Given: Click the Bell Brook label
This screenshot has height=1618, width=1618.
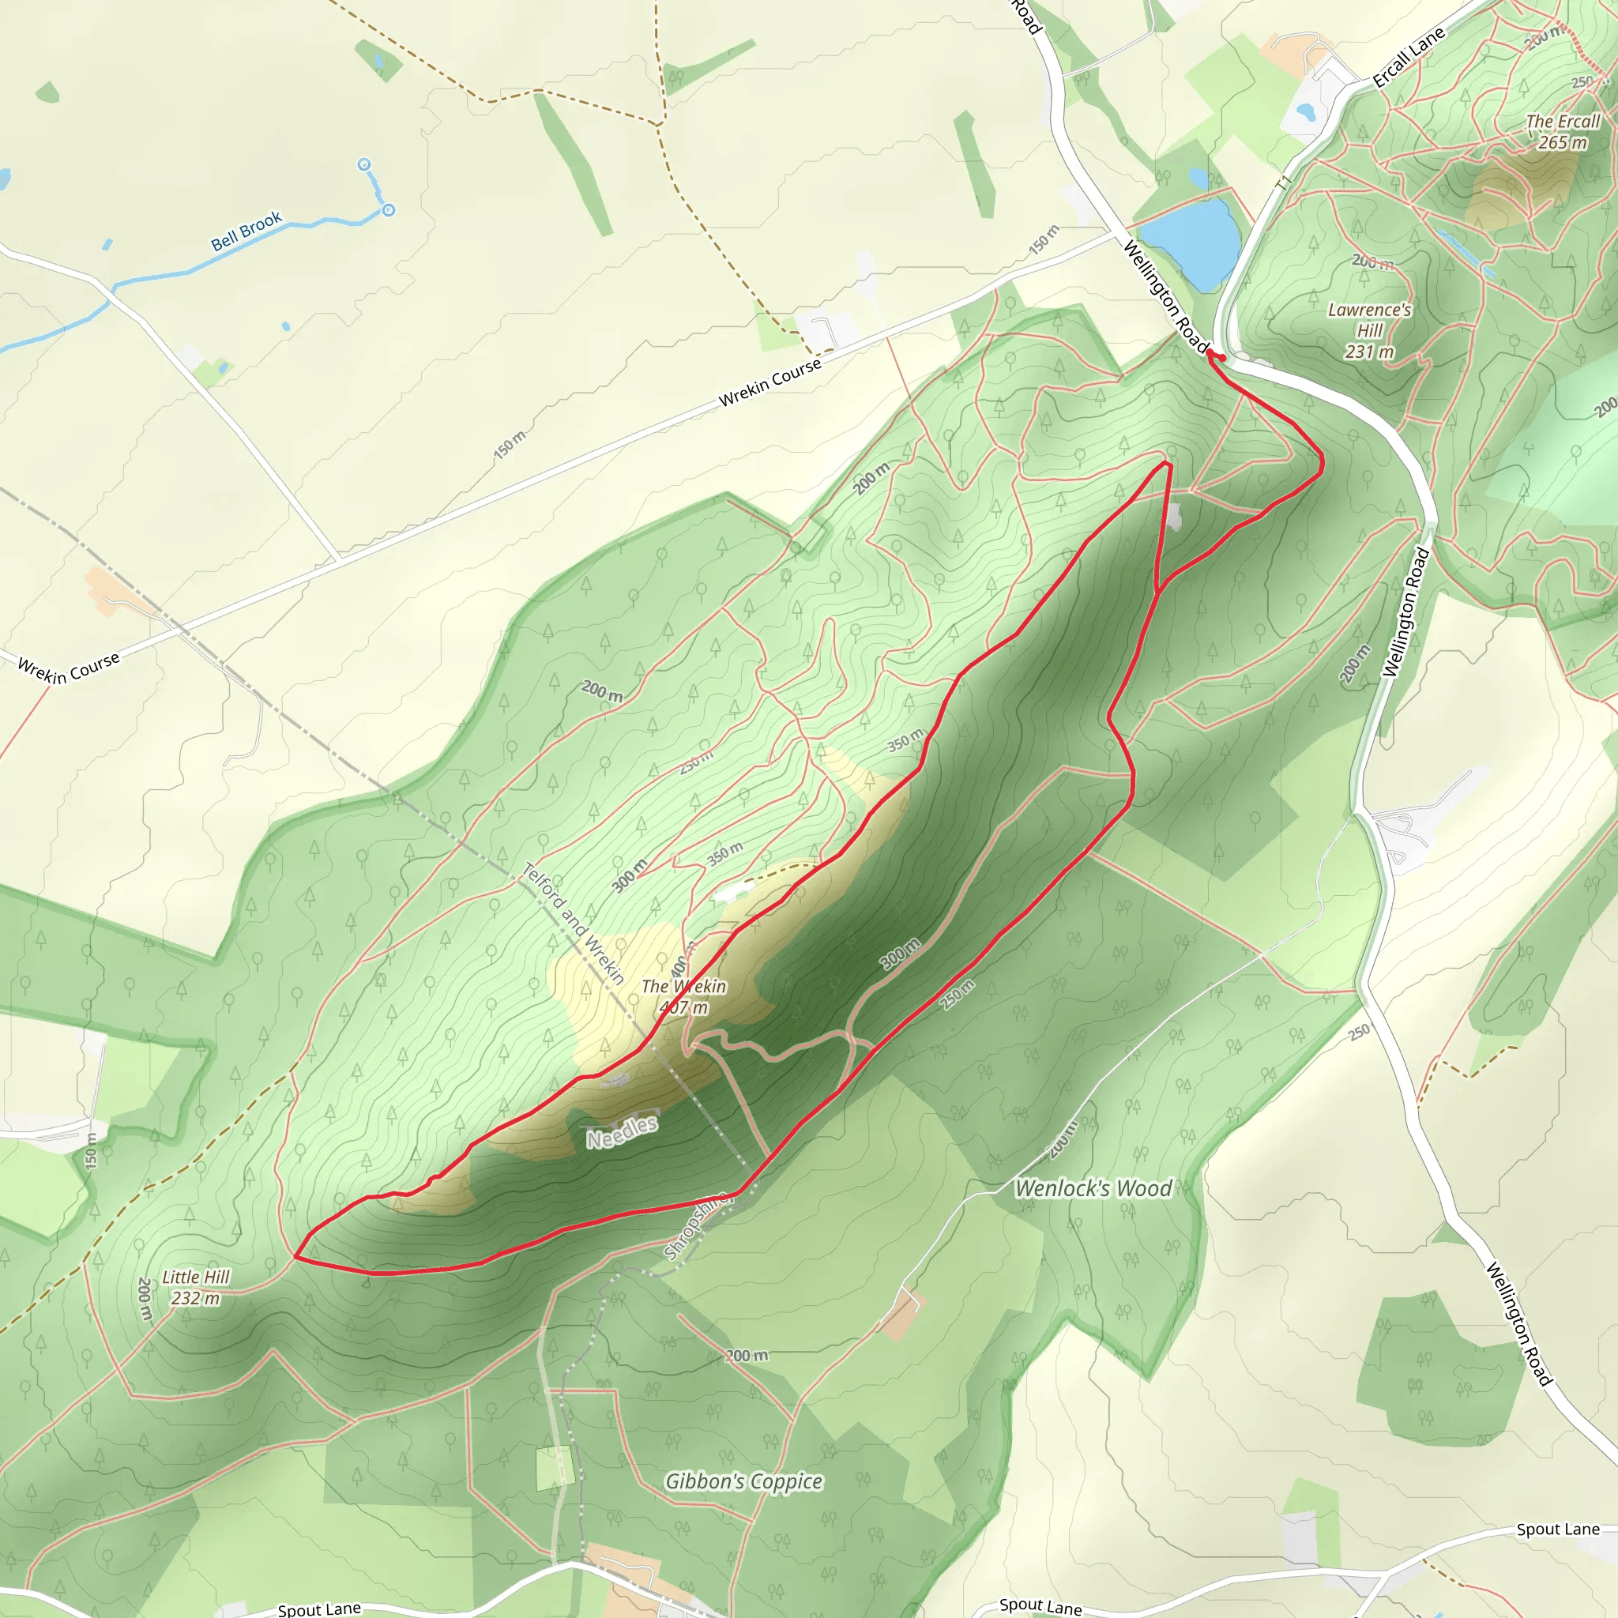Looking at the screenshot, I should pos(246,231).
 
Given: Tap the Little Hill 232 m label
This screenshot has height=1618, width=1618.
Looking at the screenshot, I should pos(195,1287).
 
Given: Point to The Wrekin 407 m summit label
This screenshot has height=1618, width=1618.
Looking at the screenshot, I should pos(683,996).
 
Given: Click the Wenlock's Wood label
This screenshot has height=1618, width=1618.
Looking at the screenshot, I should pos(1093,1188).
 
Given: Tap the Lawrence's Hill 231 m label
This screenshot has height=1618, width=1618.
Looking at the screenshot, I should pos(1369,331).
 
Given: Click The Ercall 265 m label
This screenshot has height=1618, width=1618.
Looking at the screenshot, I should pos(1563,131).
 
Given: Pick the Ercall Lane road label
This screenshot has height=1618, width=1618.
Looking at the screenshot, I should pos(1409,57).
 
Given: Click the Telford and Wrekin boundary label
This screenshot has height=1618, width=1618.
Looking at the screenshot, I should pos(574,922).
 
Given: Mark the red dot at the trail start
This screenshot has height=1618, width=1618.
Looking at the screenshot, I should pos(1223,359).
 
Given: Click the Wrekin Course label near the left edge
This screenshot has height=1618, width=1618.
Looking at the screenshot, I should pos(69,668).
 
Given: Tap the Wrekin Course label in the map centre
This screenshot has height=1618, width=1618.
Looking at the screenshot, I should pos(769,382).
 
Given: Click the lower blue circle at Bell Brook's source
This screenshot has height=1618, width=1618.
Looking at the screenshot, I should pos(389,210).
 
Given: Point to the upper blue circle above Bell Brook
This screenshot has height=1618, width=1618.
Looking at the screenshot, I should pos(364,164).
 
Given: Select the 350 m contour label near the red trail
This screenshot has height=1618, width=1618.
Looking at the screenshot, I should pos(905,739).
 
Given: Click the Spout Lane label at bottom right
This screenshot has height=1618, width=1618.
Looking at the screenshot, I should pos(1558,1530).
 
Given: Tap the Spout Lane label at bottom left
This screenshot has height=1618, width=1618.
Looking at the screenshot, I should pos(319,1608).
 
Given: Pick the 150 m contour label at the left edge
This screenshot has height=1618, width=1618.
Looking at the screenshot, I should pos(92,1150).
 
